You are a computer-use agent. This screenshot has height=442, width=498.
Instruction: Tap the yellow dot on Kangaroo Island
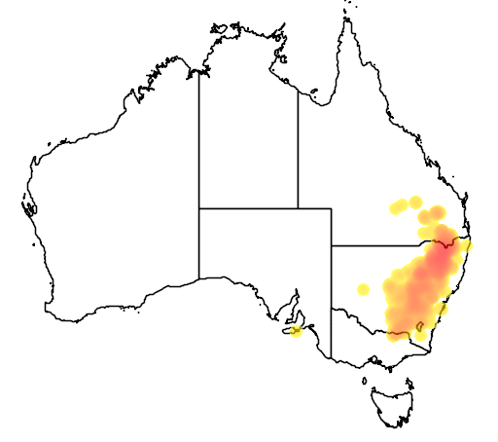tap(296, 331)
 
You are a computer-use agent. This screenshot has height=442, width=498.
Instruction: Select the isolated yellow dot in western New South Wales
tap(364, 288)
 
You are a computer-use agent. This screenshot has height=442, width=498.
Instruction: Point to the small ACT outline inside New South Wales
tap(419, 339)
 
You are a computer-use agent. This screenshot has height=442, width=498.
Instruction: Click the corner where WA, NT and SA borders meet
tap(199, 208)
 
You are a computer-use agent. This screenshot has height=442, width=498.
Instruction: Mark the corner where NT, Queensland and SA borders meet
tap(298, 208)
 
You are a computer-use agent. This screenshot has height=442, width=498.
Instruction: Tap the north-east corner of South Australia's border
tap(332, 208)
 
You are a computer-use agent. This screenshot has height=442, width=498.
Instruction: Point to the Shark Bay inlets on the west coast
tap(29, 206)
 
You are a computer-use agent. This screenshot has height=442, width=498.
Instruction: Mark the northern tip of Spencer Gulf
tap(291, 301)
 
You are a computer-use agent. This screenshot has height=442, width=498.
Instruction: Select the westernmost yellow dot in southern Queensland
tap(396, 207)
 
